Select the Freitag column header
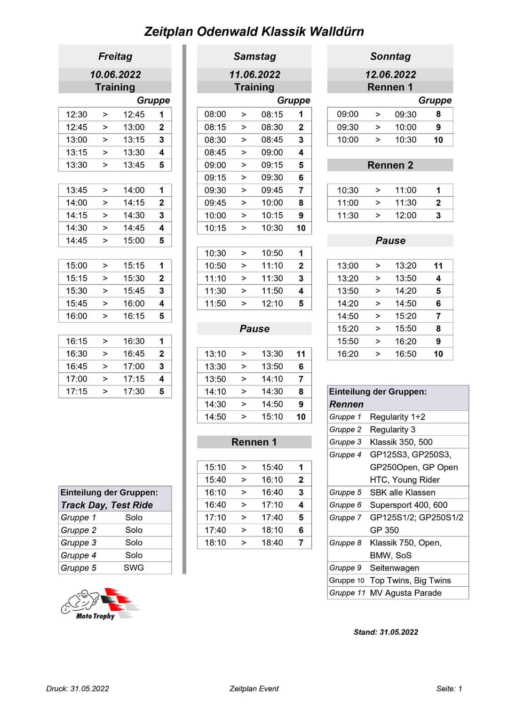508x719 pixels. [x=115, y=56]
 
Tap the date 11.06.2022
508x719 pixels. [x=254, y=74]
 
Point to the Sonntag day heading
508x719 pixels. [x=390, y=56]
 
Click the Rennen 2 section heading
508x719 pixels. [x=390, y=165]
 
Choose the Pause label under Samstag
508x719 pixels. [x=254, y=328]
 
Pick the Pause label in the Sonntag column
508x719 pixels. [x=390, y=240]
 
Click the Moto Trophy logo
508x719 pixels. [x=100, y=604]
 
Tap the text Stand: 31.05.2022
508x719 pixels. [x=386, y=632]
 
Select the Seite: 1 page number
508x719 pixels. [x=449, y=688]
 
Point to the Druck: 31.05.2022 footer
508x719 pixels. [x=78, y=688]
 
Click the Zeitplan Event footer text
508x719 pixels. [x=254, y=688]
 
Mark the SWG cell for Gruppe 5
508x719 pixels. [x=134, y=567]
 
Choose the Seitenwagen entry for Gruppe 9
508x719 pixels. [x=394, y=567]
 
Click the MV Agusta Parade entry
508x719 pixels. [x=405, y=593]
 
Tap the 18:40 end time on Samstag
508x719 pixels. [x=272, y=543]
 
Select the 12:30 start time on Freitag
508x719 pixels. [x=77, y=114]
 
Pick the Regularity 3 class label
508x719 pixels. [x=392, y=429]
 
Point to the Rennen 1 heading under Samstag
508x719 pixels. [x=254, y=442]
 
